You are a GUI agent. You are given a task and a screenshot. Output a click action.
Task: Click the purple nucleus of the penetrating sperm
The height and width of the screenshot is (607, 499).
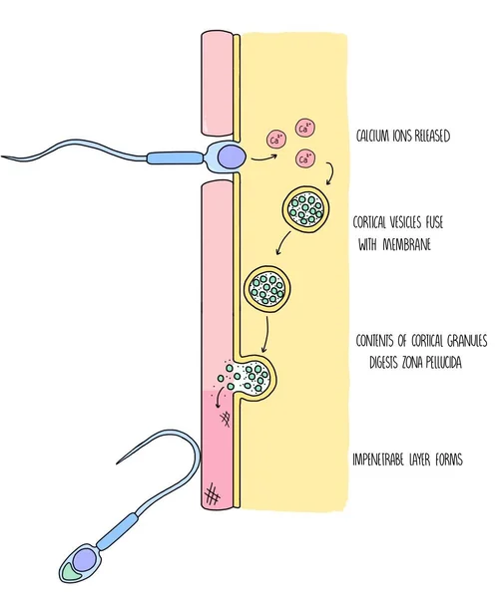click(x=229, y=155)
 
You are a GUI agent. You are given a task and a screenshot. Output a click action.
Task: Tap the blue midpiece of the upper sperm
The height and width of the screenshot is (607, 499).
click(x=176, y=156)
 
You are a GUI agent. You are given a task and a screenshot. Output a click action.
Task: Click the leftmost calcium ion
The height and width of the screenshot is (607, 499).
click(x=272, y=140)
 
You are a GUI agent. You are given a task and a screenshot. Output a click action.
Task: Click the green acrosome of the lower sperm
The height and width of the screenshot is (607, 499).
click(x=71, y=571)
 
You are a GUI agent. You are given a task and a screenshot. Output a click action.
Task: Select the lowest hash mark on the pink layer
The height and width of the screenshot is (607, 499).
click(x=212, y=493)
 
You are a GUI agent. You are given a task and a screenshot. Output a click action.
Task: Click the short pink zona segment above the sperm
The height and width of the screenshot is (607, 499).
click(x=216, y=84)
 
